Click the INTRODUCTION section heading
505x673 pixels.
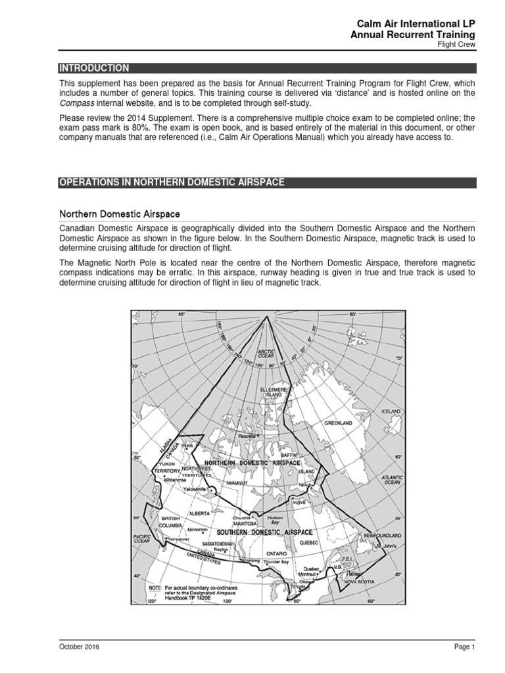point(95,68)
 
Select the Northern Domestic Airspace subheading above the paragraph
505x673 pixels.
point(120,214)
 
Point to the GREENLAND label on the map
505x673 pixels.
point(338,424)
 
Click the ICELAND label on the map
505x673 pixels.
point(391,411)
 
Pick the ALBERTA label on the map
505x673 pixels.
point(199,513)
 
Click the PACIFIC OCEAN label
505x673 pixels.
point(143,540)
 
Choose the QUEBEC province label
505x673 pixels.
point(309,543)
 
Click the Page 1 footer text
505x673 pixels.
point(463,647)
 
